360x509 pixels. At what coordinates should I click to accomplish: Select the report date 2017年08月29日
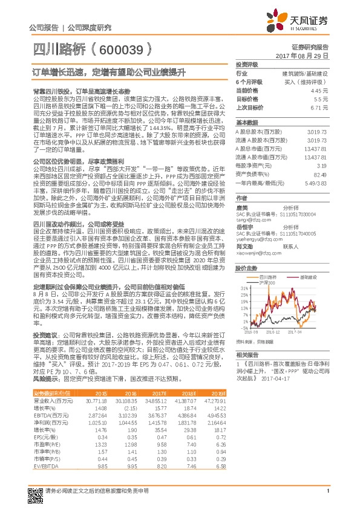coord(302,55)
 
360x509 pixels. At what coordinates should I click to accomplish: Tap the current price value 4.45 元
coord(320,90)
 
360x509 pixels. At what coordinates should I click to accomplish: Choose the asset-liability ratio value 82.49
coord(321,173)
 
